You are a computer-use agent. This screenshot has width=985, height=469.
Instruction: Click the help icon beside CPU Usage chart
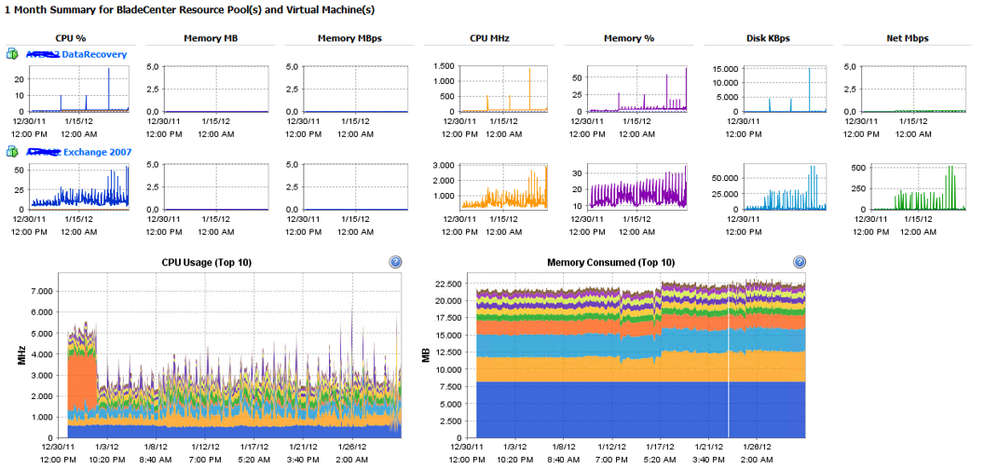[395, 263]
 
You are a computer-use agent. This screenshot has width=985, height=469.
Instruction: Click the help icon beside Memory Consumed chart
[799, 263]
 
